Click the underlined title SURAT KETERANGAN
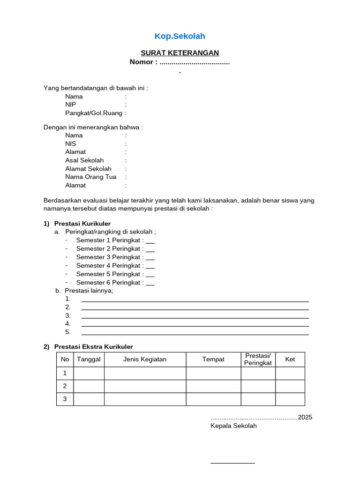coord(180,53)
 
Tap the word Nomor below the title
coord(141,62)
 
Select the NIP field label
coord(71,105)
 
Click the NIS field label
coord(71,143)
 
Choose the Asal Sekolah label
coord(84,160)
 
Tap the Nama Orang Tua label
coord(90,177)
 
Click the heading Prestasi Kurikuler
coord(82,224)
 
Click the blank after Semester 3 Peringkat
coord(150,257)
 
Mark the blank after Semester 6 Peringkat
coord(150,283)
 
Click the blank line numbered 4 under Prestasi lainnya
coord(195,325)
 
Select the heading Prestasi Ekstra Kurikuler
coord(94,347)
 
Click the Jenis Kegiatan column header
coord(145,360)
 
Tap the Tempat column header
coord(213,360)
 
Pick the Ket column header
coord(290,360)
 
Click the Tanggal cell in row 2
coord(89,386)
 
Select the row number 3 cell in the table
coord(65,399)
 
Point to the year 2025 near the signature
coord(305,417)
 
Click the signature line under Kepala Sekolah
coord(232,463)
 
